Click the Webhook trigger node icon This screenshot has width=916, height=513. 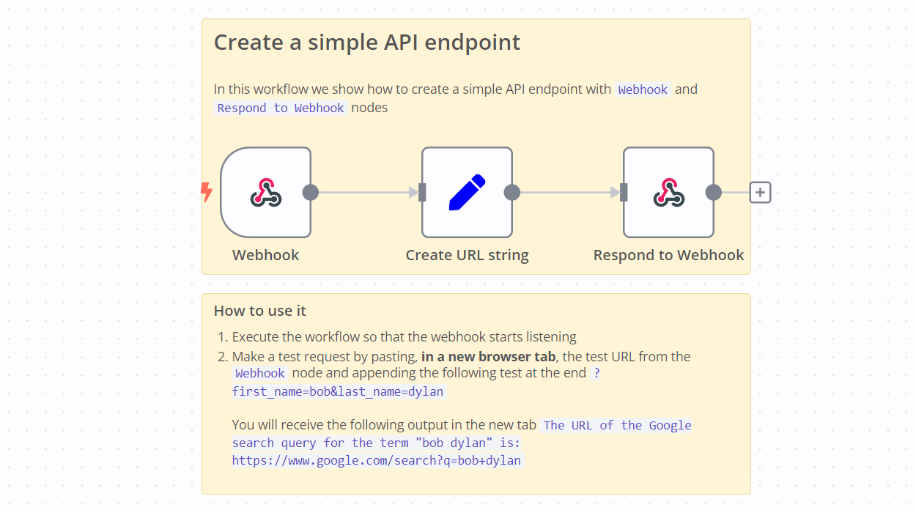(265, 192)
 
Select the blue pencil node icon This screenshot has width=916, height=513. (467, 192)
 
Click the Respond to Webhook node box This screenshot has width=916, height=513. (668, 192)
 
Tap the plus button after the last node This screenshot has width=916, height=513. (761, 193)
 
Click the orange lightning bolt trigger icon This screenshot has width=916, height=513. (207, 192)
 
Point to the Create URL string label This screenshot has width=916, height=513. (467, 255)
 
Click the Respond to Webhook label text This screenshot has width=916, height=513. (668, 255)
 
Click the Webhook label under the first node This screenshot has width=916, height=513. (265, 255)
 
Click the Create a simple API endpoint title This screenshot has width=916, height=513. (366, 42)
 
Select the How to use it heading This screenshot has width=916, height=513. (259, 311)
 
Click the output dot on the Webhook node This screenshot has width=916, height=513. (311, 193)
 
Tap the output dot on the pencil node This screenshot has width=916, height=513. (512, 193)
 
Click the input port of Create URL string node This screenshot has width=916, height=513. (422, 193)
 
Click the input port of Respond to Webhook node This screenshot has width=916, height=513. (624, 193)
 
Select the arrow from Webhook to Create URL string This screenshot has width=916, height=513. (366, 193)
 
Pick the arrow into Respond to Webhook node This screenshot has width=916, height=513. (568, 193)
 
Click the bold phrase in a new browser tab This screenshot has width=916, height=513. (488, 357)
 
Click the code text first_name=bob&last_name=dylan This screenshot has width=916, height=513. (338, 391)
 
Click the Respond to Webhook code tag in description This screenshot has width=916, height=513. (281, 108)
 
